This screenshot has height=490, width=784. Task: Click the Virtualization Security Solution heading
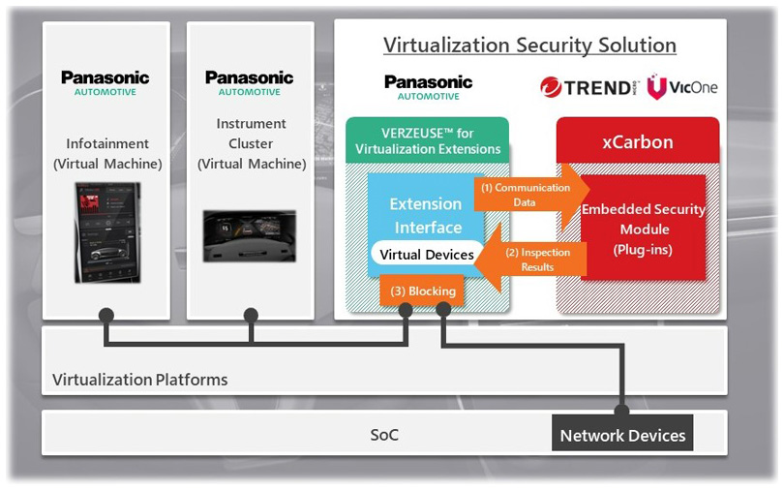(529, 46)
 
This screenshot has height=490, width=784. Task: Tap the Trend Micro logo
(588, 87)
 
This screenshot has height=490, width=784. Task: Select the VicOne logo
(682, 87)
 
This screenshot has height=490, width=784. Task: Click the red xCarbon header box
(637, 141)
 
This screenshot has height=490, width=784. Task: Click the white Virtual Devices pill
(426, 255)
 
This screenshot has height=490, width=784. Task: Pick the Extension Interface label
(425, 216)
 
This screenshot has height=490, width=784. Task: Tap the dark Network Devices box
(622, 435)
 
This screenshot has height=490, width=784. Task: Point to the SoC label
(384, 435)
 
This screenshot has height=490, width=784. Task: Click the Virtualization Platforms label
(140, 379)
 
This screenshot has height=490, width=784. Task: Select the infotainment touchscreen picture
(107, 232)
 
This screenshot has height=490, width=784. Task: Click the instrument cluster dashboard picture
(251, 235)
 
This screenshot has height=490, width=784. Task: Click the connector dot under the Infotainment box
(106, 315)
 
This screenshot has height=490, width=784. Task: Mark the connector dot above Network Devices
(621, 411)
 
